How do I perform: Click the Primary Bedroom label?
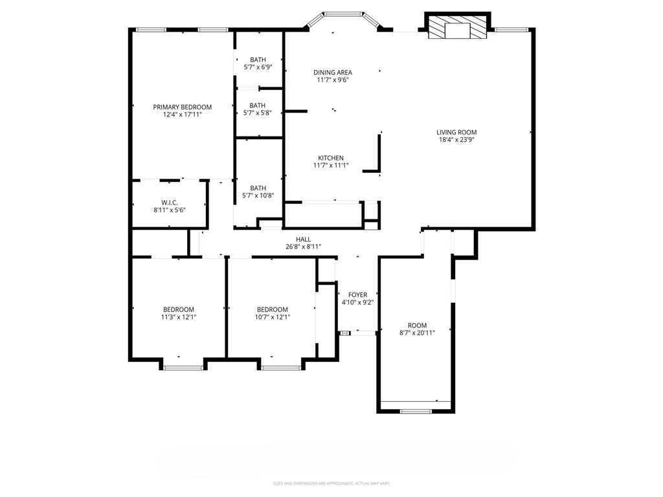coord(182,107)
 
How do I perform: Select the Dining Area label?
coord(333,72)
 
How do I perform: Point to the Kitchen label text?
coord(330,158)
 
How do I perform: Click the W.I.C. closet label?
coord(170,202)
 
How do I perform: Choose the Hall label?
coord(303,239)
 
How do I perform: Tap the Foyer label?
coord(357,295)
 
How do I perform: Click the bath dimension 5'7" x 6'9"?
coord(258,67)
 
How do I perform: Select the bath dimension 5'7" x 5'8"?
coord(258,113)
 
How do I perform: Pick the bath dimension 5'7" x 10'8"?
coord(258,195)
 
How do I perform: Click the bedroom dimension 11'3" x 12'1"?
coord(178,317)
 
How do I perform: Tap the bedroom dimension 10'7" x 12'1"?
coord(272,317)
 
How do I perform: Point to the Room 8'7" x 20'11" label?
coord(417,333)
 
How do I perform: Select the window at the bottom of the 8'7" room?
coord(416,411)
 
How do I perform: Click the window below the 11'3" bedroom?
coord(183,368)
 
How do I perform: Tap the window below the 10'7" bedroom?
coord(281,368)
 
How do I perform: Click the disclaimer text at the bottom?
coord(331,483)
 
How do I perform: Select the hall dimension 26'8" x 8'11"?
coord(303,247)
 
